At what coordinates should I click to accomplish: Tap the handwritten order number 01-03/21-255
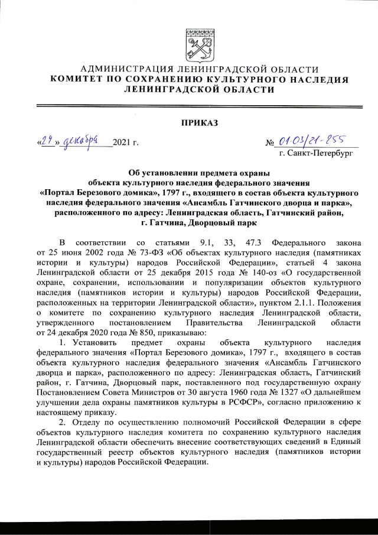(x=311, y=140)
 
